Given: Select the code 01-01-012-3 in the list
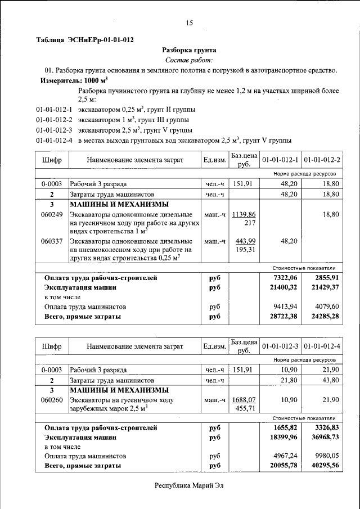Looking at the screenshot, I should [x=54, y=130].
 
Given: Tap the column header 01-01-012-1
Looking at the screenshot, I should [x=281, y=160].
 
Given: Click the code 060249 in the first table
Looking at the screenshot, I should [x=52, y=215].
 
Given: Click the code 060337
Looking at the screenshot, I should [x=52, y=241].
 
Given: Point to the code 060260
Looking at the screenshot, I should [x=52, y=400].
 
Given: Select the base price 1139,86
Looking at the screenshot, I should [x=245, y=215].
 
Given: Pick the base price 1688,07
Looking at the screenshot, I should [x=245, y=400].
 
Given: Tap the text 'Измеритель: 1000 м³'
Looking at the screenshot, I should [x=73, y=80].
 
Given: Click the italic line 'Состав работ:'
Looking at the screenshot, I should [x=189, y=60].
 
